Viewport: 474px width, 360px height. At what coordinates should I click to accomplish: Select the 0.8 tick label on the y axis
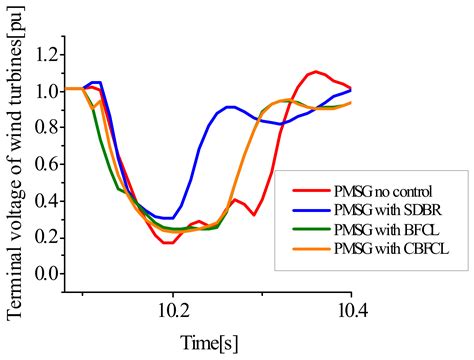pos(43,135)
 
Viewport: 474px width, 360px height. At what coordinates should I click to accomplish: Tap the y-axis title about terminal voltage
pos(14,164)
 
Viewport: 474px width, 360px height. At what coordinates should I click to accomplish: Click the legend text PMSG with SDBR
pos(393,211)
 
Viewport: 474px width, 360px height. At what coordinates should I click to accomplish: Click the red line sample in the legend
pos(310,188)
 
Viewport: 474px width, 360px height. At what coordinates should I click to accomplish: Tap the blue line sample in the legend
pos(310,211)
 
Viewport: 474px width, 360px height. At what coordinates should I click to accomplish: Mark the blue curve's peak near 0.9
pos(231,106)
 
